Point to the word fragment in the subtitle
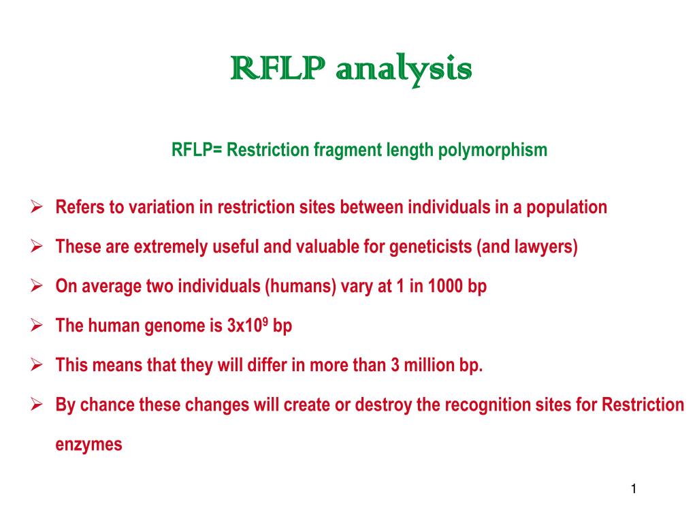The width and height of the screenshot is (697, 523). tap(346, 150)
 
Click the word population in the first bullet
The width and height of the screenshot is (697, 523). tap(568, 207)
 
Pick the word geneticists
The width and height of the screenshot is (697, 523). tap(432, 247)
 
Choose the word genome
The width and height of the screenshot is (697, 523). tap(174, 326)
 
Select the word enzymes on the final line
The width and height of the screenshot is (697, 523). tap(88, 445)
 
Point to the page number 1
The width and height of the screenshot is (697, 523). tap(633, 489)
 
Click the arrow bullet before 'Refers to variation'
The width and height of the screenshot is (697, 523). tap(38, 207)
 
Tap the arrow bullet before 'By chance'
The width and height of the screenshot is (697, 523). tap(38, 405)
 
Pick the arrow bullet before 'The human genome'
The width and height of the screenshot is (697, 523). tap(38, 326)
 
